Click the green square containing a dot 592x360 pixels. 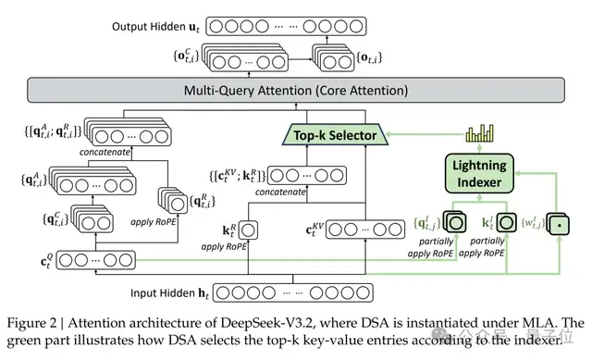pos(560,223)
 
